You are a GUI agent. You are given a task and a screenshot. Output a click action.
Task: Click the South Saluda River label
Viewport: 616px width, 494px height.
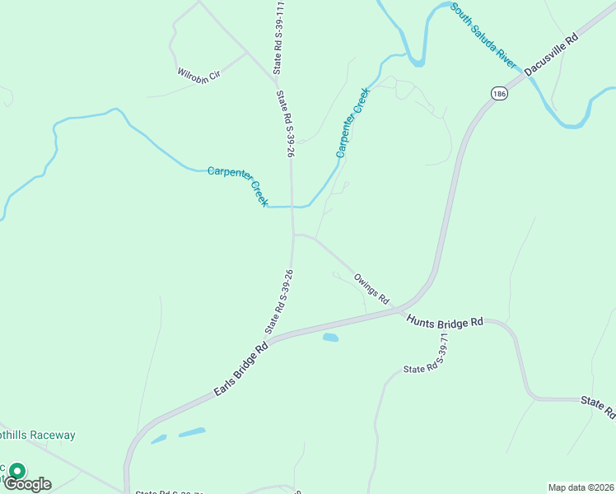pos(483,37)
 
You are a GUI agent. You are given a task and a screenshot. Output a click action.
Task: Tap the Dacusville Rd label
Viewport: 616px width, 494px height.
pos(552,53)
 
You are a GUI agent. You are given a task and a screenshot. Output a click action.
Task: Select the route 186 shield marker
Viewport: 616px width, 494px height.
pos(499,94)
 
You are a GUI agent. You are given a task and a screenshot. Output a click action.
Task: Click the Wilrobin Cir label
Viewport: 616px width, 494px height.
pos(199,73)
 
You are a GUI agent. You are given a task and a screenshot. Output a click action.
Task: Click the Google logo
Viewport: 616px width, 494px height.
pos(28,484)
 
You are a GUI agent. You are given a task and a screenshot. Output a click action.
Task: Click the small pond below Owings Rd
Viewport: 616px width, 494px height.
pos(330,338)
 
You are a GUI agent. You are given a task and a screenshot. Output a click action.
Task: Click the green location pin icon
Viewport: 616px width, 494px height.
pos(16,472)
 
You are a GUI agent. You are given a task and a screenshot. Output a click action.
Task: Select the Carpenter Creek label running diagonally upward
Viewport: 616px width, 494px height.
pos(352,123)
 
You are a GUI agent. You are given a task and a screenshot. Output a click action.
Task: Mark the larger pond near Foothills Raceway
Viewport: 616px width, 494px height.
pos(192,432)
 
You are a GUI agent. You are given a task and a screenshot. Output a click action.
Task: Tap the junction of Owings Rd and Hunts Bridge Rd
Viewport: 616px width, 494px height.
pos(401,310)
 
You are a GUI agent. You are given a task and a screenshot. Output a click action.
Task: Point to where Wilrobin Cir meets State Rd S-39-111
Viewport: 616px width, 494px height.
pos(274,81)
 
